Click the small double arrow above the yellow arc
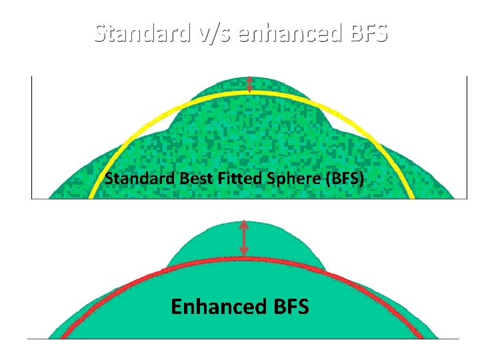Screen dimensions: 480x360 point(249,84)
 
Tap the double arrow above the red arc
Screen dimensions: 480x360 point(244,238)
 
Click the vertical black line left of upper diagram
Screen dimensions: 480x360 point(31,137)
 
